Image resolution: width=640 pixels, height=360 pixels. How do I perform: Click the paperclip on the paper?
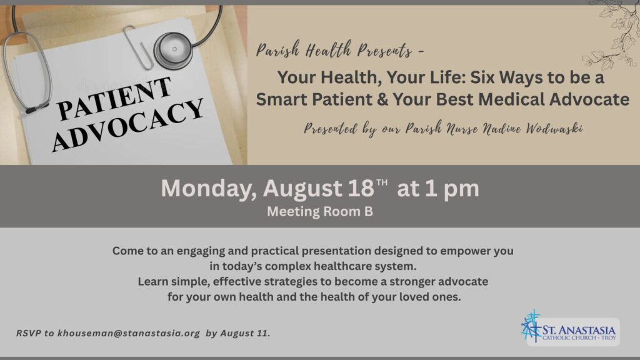(138, 47)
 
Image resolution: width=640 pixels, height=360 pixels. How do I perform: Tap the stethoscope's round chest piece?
(174, 51)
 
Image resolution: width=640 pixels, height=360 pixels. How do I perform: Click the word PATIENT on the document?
(114, 99)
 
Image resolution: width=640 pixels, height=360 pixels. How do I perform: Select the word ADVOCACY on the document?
(127, 125)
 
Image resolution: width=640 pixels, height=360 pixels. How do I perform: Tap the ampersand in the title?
(382, 99)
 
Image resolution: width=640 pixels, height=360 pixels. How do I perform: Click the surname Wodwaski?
(554, 129)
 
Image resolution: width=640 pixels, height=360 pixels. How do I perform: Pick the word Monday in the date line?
(209, 189)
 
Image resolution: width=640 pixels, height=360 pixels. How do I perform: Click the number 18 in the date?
(361, 188)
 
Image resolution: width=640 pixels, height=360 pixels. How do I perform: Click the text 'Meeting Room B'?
(320, 211)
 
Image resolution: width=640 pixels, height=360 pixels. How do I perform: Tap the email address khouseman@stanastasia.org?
(129, 333)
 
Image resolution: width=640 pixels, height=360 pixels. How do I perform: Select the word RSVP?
(29, 333)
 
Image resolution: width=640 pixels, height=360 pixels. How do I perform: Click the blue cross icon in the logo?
(531, 326)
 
